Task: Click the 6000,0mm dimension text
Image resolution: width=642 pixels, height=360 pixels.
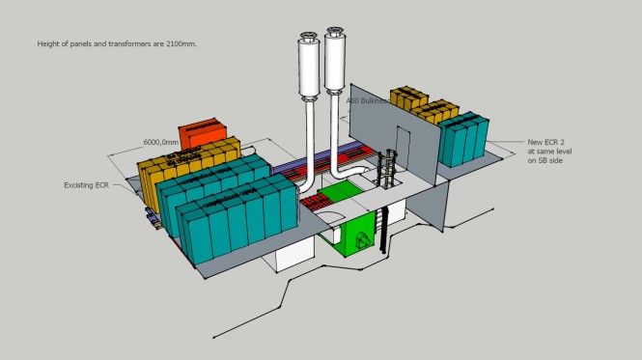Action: [165, 142]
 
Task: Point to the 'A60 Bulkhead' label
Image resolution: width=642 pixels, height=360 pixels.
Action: [368, 100]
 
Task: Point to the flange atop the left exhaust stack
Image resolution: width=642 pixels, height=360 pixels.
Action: [310, 40]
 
